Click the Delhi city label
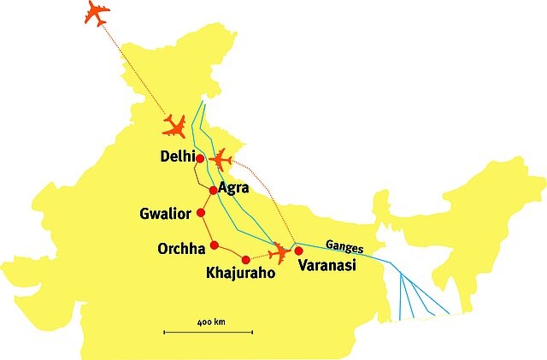177,157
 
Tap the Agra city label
233,187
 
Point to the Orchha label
181,249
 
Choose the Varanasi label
326,266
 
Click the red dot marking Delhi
200,158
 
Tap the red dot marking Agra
213,191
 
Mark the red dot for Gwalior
201,213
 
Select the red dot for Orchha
215,246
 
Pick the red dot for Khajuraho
245,259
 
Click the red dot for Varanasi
298,251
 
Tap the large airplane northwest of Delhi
175,127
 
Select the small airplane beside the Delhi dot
221,159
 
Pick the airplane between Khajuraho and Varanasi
279,253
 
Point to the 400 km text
210,322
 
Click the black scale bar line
209,331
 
